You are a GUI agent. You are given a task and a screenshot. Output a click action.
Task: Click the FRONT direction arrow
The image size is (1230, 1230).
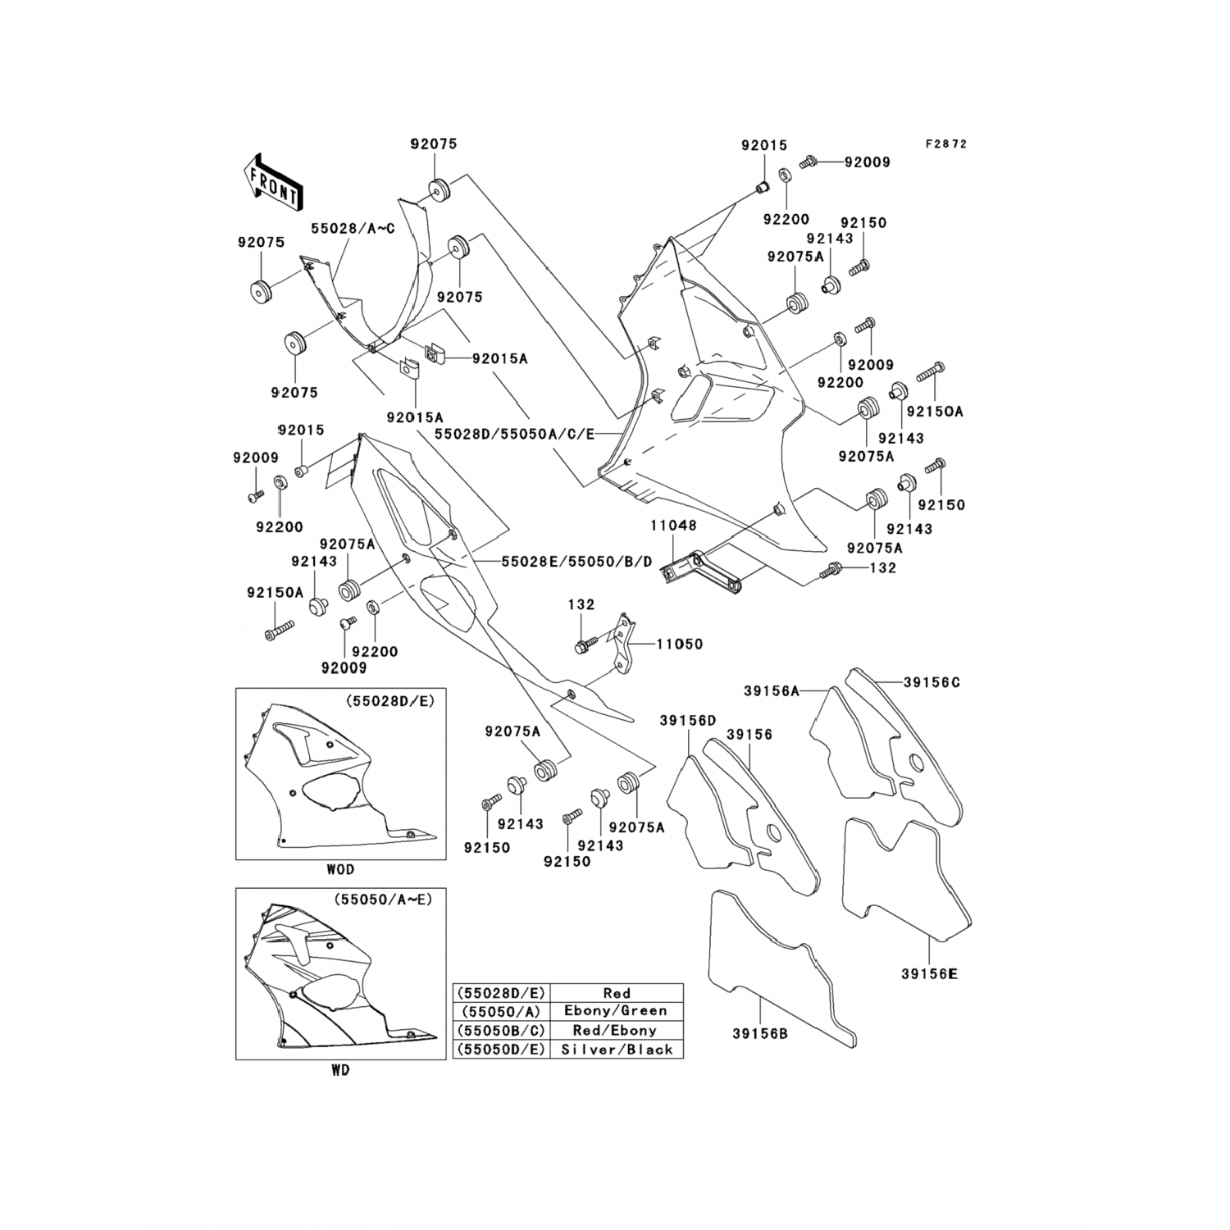[273, 183]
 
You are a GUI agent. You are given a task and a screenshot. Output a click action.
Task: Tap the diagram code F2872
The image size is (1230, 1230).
[946, 143]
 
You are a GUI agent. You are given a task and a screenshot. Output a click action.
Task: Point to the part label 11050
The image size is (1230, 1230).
[680, 644]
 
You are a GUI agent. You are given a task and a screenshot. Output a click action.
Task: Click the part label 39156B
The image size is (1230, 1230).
[760, 1034]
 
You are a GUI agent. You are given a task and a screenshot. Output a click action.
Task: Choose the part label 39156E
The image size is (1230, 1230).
[929, 974]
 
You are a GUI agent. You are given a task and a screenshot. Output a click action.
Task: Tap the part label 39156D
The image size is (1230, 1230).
[687, 720]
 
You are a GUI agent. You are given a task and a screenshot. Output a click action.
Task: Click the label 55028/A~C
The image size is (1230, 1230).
[352, 228]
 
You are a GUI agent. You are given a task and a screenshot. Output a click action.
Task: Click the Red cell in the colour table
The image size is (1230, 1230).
[616, 993]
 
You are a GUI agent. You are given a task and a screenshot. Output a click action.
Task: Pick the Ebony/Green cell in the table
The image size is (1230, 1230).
[616, 1011]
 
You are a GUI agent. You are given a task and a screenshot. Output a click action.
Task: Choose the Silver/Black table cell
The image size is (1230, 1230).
[616, 1049]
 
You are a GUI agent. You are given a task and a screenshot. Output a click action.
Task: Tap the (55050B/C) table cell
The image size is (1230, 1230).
[501, 1030]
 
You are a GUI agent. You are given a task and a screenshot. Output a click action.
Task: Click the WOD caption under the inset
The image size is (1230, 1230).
[340, 869]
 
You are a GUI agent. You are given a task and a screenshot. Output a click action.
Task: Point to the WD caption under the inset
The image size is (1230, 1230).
[340, 1070]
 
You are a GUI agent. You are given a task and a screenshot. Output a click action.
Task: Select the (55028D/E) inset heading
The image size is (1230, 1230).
[389, 702]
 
